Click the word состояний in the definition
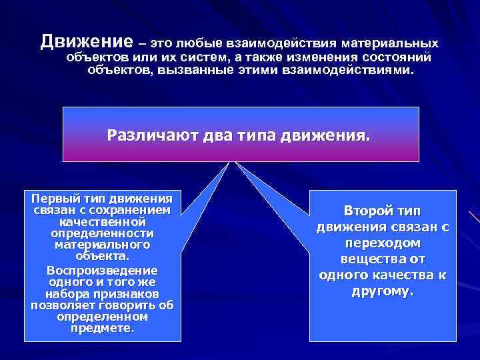pos(397,57)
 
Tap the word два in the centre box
pos(209,136)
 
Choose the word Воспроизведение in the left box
pos(103,271)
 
